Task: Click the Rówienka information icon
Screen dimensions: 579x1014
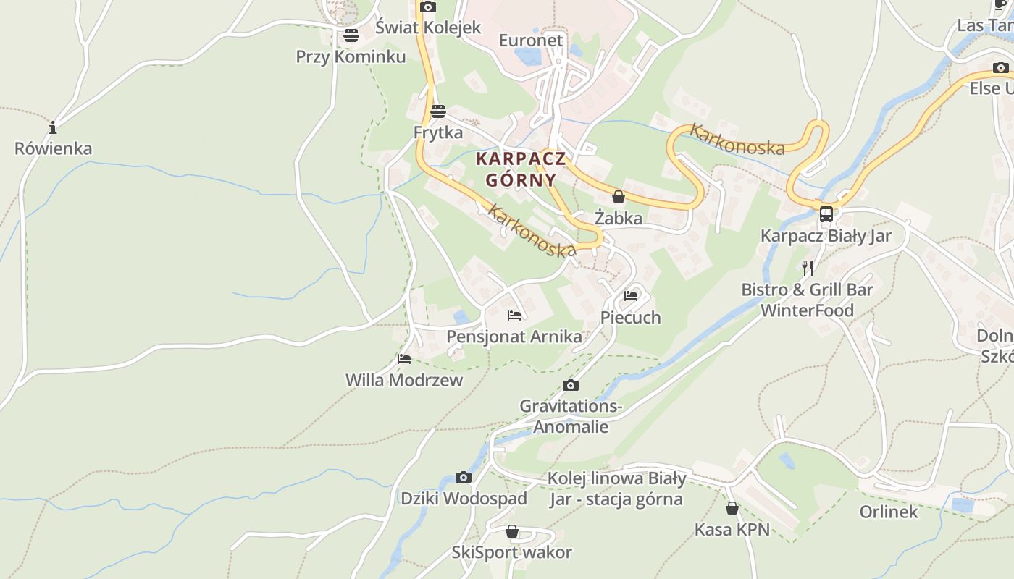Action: tap(53, 128)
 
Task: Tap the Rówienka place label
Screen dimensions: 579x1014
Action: tap(54, 148)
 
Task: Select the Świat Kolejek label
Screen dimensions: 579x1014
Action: tap(428, 28)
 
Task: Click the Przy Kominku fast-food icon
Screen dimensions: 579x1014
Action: tap(351, 35)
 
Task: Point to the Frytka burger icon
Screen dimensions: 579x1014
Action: tap(437, 111)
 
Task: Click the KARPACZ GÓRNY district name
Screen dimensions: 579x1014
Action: tap(521, 169)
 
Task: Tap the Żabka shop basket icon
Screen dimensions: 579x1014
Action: tap(619, 197)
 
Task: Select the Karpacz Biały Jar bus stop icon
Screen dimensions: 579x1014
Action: tap(826, 214)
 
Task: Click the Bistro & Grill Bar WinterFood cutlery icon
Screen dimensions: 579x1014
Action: tap(808, 269)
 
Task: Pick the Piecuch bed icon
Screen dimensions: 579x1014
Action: tap(631, 295)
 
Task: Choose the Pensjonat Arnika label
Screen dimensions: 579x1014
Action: tap(514, 337)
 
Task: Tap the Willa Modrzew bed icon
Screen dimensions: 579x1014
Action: tap(404, 358)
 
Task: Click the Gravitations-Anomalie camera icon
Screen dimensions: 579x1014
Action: tap(571, 385)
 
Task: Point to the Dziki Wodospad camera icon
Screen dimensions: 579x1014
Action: tap(464, 477)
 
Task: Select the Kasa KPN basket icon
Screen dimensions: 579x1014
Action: tap(732, 508)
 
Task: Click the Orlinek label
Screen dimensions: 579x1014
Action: tap(889, 512)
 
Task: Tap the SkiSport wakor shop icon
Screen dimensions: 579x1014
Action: tap(512, 532)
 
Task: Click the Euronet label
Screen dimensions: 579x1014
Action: tap(531, 40)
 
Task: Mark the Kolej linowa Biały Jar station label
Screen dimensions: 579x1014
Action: tap(616, 489)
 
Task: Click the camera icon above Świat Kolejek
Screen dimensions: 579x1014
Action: tap(428, 7)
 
